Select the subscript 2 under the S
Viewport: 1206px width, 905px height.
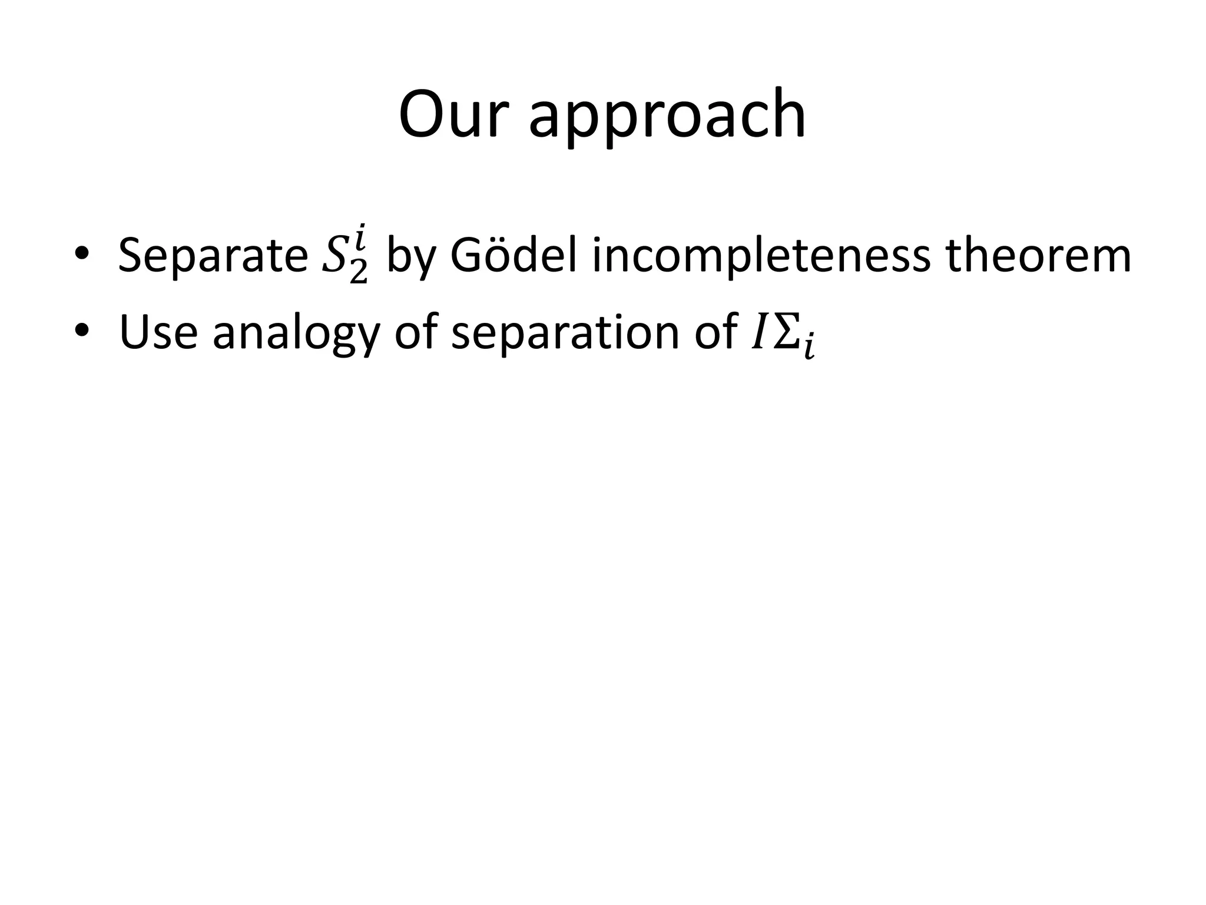[359, 272]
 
